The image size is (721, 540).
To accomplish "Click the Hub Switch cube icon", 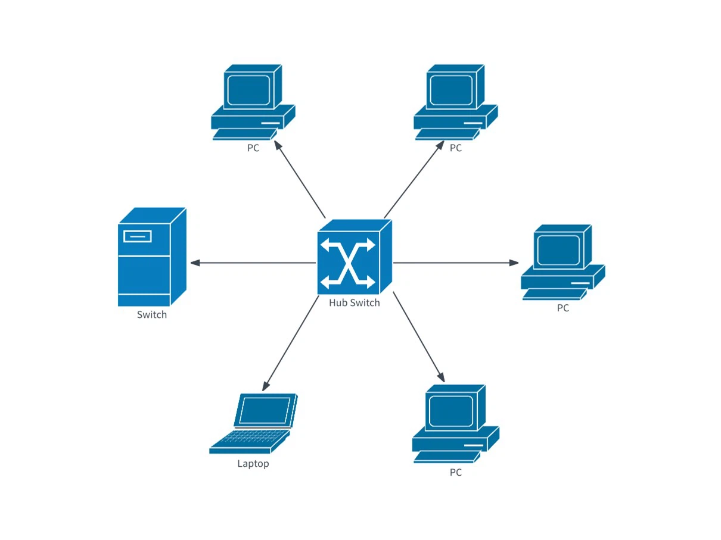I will coord(354,258).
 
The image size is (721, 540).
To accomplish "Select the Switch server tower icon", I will coord(151,257).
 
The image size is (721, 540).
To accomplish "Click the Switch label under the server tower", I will coord(152,314).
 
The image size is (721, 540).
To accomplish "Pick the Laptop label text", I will coord(253,463).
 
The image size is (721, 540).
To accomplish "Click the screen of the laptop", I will coord(265,410).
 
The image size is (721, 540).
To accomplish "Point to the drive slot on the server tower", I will coord(137,236).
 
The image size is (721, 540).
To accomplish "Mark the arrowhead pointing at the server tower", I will coord(195,263).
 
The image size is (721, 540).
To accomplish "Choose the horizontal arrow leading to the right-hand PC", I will coord(453,263).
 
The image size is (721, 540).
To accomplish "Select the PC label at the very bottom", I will coord(456,473).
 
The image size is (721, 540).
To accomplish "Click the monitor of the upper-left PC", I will coord(247,89).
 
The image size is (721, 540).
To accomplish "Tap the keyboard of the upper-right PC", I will coord(444,134).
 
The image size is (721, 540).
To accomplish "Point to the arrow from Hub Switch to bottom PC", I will coord(418,335).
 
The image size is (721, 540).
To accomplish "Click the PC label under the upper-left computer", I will coord(253,148).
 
